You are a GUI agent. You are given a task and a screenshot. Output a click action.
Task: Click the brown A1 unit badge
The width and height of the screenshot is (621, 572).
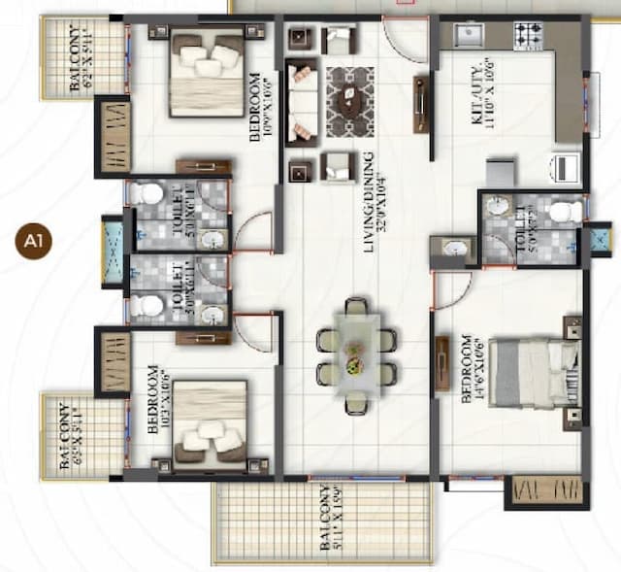(x=30, y=241)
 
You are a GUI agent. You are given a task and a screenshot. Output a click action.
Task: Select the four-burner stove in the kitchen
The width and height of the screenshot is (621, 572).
(x=532, y=36)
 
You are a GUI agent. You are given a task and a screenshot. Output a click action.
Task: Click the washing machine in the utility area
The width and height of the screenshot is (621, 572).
(x=566, y=168)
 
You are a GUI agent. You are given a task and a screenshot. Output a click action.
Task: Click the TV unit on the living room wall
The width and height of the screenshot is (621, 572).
(x=421, y=104)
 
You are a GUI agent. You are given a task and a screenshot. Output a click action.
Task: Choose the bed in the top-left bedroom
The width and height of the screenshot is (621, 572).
(x=207, y=75)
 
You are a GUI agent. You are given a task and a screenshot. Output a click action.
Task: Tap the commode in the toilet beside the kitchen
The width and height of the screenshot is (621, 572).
(x=564, y=210)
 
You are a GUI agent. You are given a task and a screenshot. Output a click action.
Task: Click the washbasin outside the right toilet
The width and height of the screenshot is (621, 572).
(x=453, y=249)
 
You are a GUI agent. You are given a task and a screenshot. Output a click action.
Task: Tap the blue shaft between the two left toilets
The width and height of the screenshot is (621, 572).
(x=113, y=253)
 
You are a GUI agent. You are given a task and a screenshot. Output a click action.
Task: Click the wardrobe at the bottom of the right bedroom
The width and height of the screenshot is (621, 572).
(x=547, y=489)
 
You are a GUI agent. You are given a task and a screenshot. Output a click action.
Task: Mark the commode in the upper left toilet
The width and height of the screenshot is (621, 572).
(x=147, y=193)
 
